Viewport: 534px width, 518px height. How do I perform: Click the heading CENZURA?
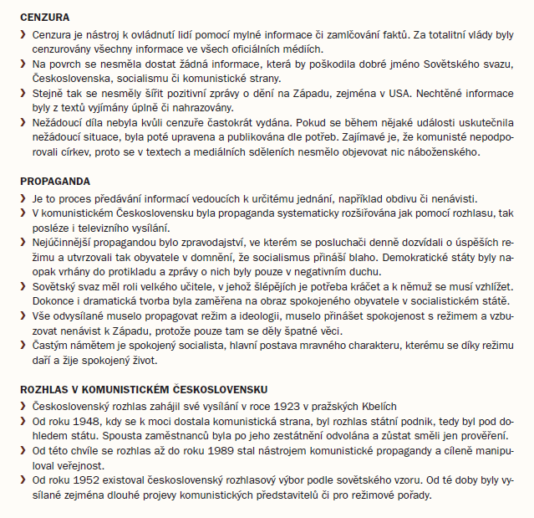click(44, 16)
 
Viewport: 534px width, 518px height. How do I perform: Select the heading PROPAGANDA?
click(55, 181)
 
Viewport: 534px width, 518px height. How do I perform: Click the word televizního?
click(93, 228)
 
